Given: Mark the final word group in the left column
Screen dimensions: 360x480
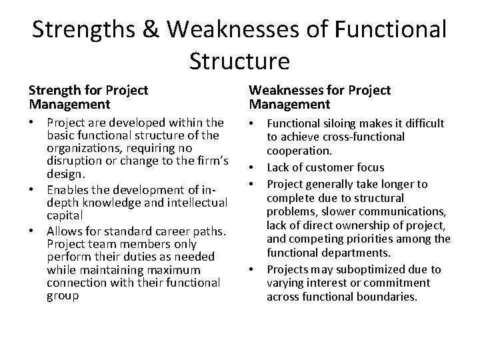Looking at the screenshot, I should (63, 296).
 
